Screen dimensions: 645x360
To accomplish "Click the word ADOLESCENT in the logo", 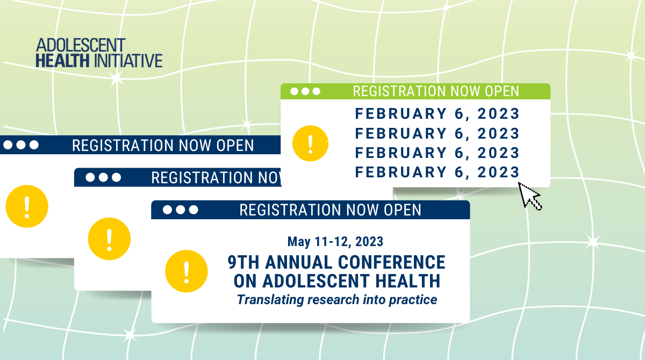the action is click(81, 45).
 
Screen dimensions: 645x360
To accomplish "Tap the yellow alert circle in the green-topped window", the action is click(311, 143).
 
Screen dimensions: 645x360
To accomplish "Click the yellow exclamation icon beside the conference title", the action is click(187, 271).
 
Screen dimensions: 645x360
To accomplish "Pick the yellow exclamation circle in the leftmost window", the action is click(27, 206).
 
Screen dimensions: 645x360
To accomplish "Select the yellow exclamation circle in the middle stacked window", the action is click(109, 239).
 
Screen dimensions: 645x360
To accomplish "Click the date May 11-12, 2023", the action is click(335, 242).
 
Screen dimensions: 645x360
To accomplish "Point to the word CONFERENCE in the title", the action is click(392, 262).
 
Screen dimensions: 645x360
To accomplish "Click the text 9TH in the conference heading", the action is click(243, 262).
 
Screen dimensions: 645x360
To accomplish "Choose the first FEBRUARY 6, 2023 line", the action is click(437, 114).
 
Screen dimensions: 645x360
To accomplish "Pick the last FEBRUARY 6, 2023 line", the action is click(437, 172).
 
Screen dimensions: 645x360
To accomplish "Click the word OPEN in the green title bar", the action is click(502, 91).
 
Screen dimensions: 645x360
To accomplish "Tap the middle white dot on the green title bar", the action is click(305, 91).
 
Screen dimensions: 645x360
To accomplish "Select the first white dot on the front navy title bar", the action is click(167, 210).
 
